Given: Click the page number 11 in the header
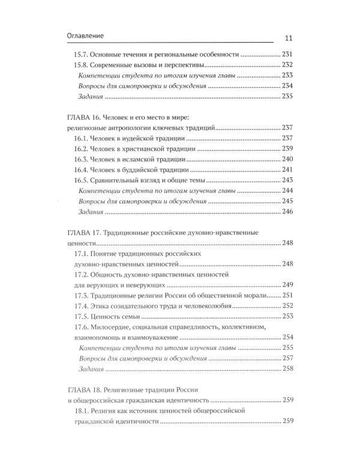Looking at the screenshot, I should click(285, 37).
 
